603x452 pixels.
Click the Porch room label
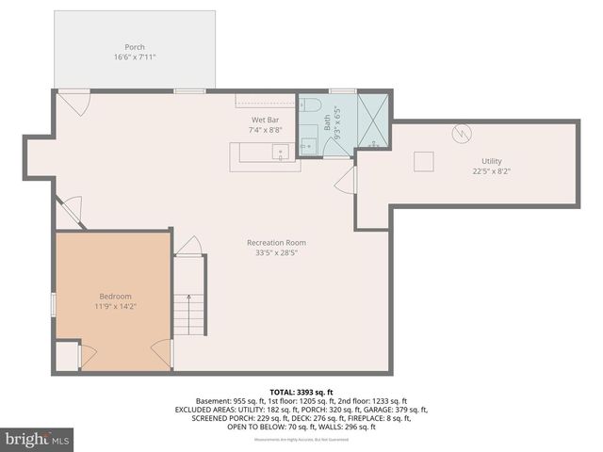[x=135, y=47]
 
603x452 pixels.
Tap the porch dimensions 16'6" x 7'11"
[x=135, y=57]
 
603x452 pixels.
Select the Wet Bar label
[x=264, y=120]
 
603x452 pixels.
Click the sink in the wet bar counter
[x=279, y=152]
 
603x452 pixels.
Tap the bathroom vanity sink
[x=308, y=144]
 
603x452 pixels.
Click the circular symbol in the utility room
[x=462, y=133]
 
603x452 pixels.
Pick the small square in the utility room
[x=425, y=161]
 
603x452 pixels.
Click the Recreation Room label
[x=276, y=242]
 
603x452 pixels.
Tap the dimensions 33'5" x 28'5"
[x=276, y=252]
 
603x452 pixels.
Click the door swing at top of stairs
[x=190, y=244]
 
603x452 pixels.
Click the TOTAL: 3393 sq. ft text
[x=301, y=391]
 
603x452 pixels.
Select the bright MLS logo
[x=38, y=439]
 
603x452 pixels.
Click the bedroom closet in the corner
[x=67, y=356]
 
